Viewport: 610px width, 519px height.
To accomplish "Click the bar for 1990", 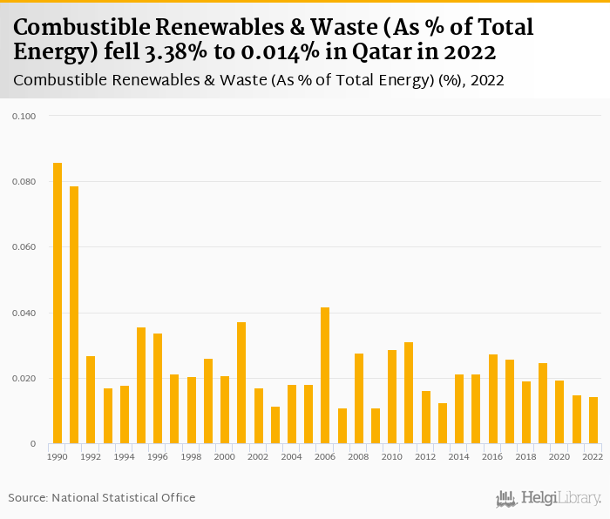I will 58,303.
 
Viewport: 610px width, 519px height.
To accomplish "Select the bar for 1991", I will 74,315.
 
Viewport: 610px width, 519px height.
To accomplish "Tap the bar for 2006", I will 325,375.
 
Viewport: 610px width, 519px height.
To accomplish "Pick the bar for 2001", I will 241,383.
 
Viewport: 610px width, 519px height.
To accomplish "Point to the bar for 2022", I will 593,421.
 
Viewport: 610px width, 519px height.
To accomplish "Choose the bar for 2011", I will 409,393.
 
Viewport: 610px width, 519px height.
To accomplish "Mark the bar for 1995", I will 141,386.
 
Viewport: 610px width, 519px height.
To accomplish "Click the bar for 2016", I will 493,399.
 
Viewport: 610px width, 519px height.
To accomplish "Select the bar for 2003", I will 275,425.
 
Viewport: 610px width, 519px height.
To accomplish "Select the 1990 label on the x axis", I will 58,456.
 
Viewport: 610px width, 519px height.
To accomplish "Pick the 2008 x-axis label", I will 359,456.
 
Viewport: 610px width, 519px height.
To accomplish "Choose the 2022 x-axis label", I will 593,456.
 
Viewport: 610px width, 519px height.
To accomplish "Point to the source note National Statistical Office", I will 123,498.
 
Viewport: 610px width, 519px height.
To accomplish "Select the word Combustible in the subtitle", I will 65,81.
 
